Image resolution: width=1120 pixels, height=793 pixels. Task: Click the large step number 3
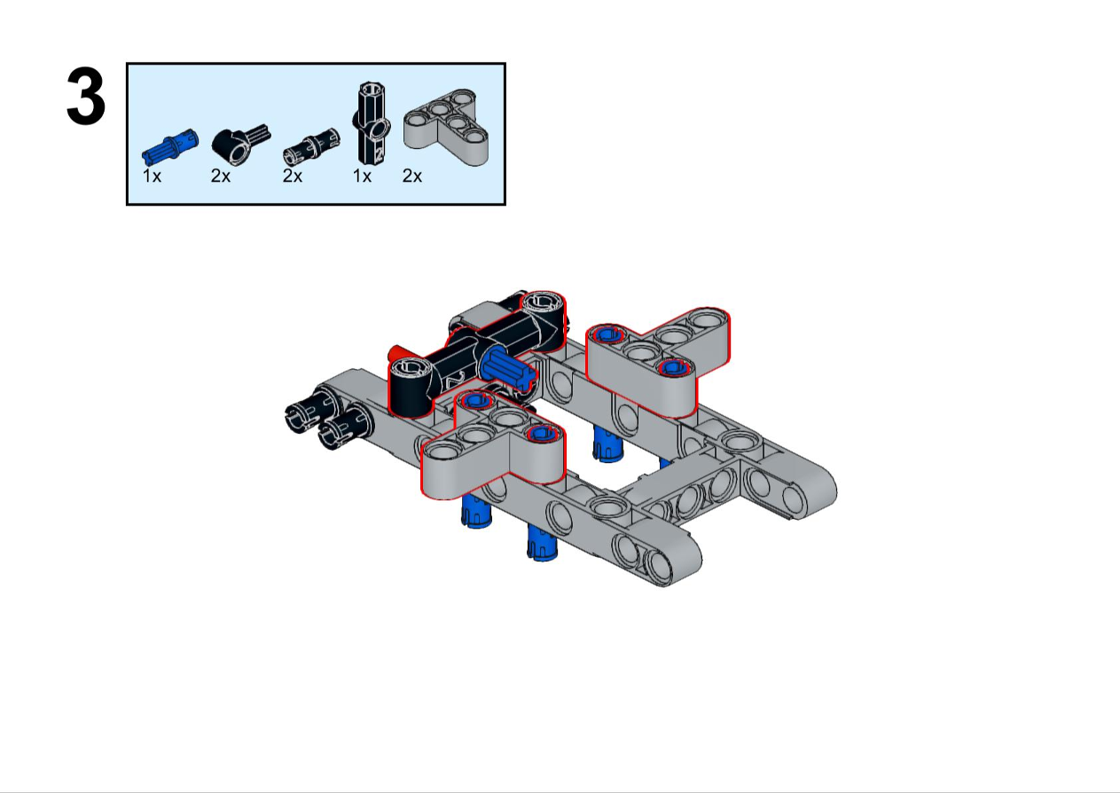[x=85, y=97]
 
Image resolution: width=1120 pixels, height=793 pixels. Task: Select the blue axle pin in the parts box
[x=170, y=146]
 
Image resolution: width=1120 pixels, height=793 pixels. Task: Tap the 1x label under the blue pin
[x=152, y=176]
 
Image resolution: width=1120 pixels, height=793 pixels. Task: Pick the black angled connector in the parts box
[x=240, y=144]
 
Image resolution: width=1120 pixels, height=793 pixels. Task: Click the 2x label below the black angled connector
[x=221, y=176]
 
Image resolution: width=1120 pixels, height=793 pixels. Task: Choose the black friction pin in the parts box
[x=311, y=147]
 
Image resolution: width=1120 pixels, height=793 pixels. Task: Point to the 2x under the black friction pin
[x=293, y=176]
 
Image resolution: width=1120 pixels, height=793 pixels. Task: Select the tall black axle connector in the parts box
[x=372, y=123]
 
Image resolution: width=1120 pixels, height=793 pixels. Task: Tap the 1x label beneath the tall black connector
[x=362, y=176]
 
